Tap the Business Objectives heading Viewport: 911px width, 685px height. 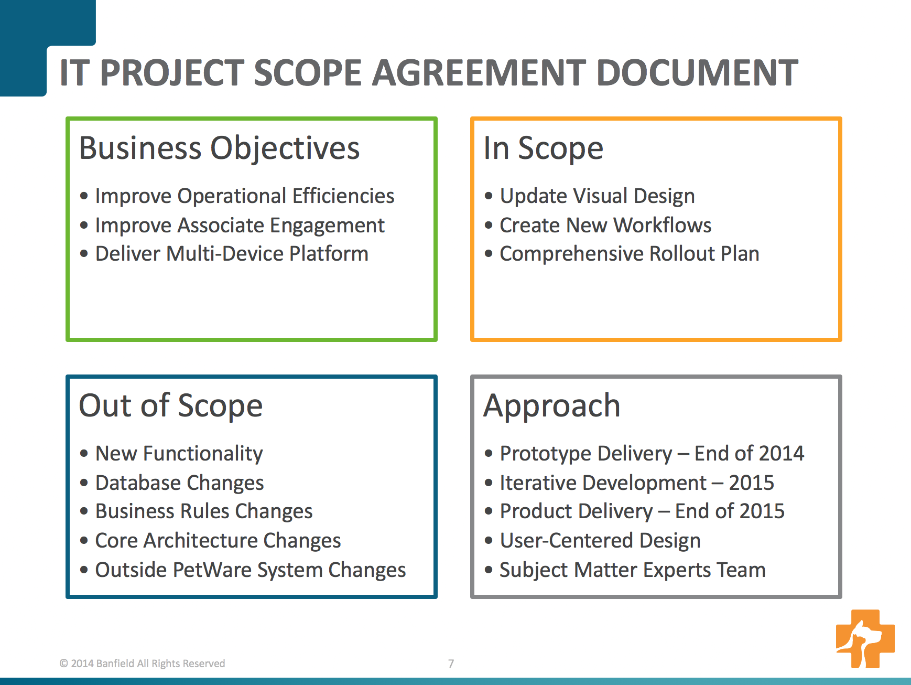pos(220,148)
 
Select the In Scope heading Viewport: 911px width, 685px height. pos(544,148)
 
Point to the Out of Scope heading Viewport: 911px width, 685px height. pos(171,405)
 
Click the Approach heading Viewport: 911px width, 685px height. pos(552,406)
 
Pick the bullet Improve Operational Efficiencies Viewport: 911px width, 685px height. pos(245,196)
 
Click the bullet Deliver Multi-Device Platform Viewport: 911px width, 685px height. pos(232,254)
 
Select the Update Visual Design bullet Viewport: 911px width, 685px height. pos(598,196)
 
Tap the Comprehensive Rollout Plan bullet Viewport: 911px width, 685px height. pos(630,254)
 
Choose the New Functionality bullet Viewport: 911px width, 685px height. pos(179,454)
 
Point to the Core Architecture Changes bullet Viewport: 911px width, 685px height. pos(218,541)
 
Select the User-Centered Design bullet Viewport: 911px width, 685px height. pos(600,541)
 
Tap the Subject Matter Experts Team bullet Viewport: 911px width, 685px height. pos(633,570)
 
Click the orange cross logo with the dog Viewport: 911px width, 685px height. pos(865,638)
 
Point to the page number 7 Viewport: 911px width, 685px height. pos(451,663)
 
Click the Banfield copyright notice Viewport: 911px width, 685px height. pos(143,663)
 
